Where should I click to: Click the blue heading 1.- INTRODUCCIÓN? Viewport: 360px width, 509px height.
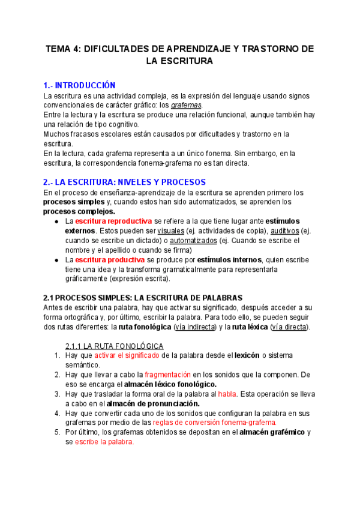click(79, 85)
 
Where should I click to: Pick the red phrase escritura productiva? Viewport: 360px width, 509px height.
click(109, 259)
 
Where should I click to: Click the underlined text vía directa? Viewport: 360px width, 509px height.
click(289, 327)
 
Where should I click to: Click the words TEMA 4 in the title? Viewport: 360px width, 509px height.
click(65, 49)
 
